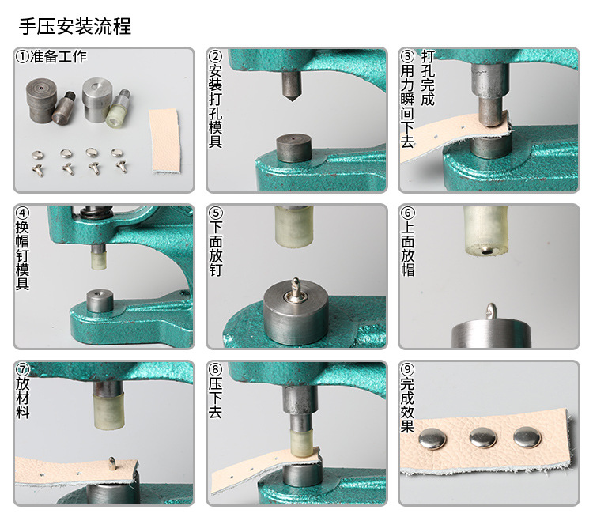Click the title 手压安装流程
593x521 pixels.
(75, 27)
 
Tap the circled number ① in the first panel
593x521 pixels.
(23, 57)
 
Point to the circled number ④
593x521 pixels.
(23, 213)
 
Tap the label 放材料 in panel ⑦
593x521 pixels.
(23, 397)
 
